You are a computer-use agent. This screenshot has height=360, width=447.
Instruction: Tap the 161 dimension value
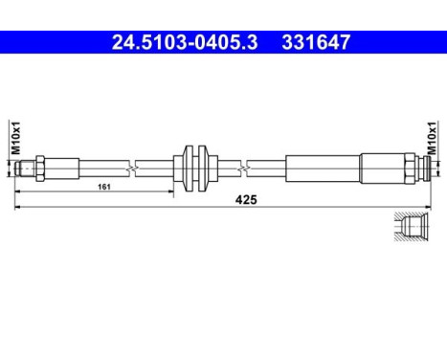tap(102, 188)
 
